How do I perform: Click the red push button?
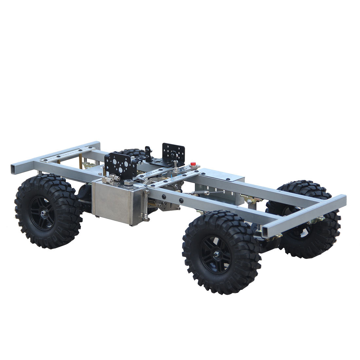(x=193, y=164)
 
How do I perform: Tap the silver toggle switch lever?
(x=176, y=164)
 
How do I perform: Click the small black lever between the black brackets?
(x=148, y=151)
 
